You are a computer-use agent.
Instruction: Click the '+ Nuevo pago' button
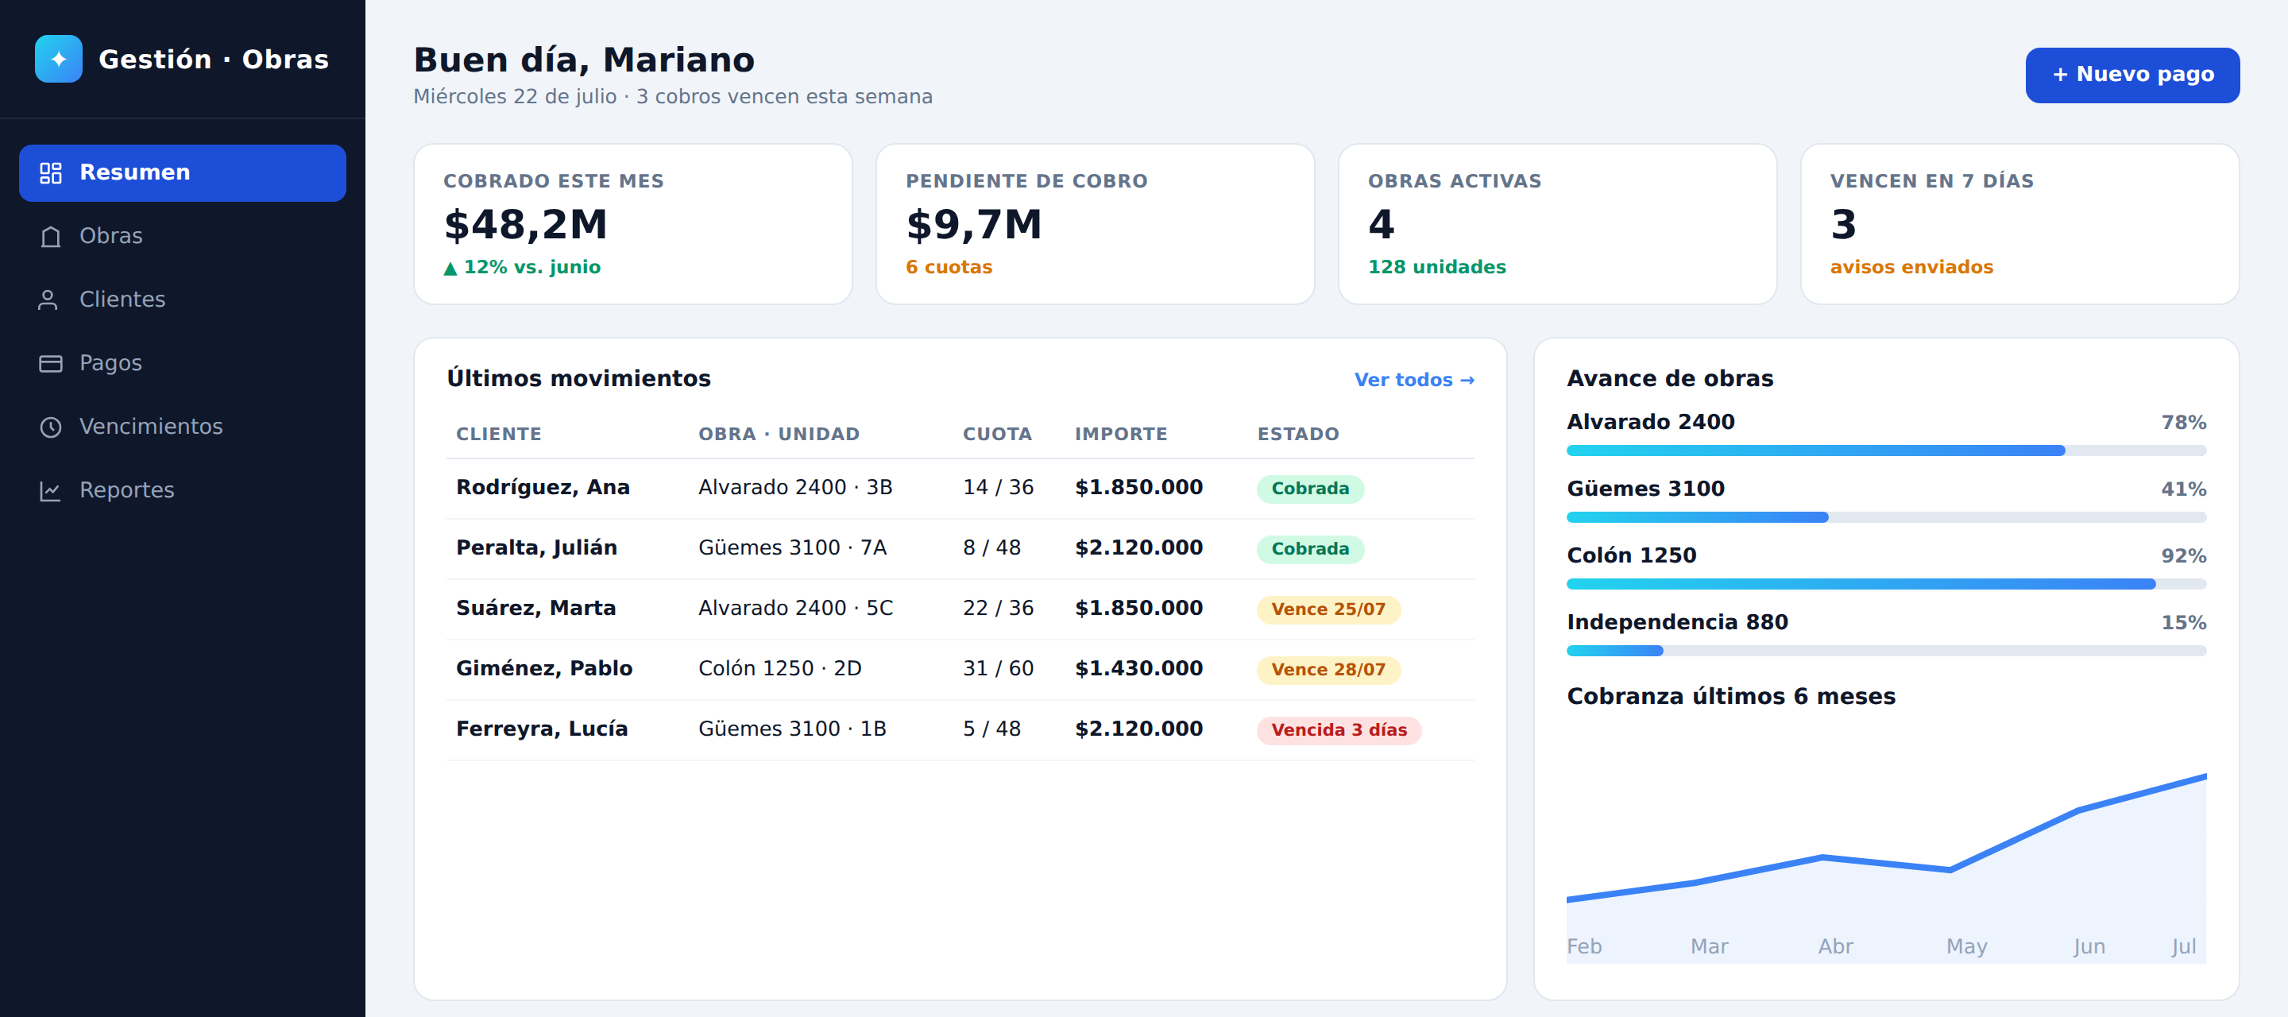[2131, 75]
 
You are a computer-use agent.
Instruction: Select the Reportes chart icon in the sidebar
[51, 490]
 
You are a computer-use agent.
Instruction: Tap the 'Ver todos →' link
[1414, 379]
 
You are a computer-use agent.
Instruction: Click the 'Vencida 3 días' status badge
[1339, 730]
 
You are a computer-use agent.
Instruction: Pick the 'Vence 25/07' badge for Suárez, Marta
[1328, 609]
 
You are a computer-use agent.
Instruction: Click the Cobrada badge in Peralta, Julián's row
[1310, 549]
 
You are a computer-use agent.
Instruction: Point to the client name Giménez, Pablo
[544, 668]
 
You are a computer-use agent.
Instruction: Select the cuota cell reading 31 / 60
[999, 668]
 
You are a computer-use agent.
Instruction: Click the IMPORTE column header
[1121, 435]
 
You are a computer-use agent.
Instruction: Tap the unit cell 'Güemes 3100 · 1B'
[792, 729]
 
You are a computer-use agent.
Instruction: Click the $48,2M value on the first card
[526, 224]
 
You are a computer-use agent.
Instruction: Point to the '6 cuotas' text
[949, 267]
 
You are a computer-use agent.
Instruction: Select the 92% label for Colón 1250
[2183, 556]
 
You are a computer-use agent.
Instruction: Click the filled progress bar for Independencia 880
[1615, 651]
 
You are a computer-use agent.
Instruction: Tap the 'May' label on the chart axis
[1966, 947]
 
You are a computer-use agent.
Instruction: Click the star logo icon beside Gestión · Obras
[59, 59]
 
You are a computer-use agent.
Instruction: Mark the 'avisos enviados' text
[1911, 267]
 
